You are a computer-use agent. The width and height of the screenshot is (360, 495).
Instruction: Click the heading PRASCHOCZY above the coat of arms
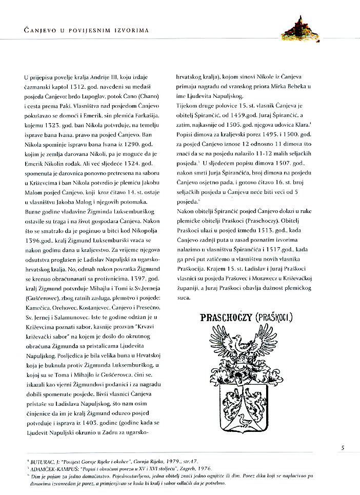(x=224, y=319)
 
